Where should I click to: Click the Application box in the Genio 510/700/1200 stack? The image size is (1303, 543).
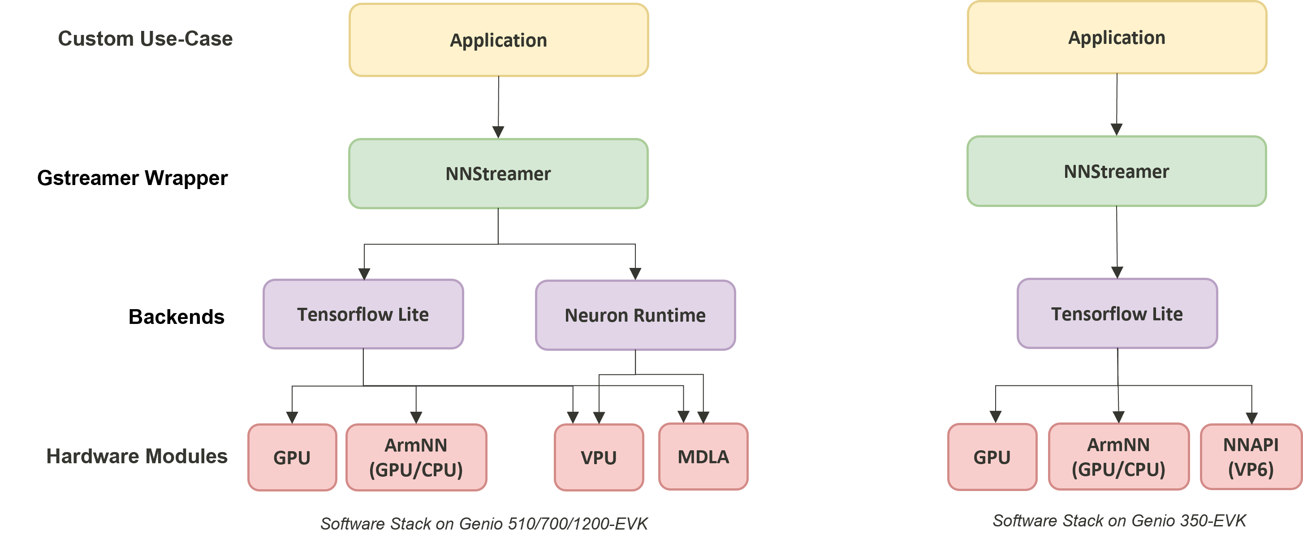tap(498, 40)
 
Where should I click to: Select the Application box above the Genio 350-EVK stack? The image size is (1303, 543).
tap(1116, 38)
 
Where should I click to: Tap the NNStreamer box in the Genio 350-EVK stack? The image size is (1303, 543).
tap(1116, 172)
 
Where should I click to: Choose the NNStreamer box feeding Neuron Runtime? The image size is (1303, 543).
tap(498, 173)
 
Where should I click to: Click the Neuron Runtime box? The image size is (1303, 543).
tap(635, 315)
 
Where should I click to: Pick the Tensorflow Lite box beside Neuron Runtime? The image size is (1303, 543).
tap(363, 314)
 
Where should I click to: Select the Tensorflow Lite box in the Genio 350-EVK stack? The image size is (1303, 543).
tap(1117, 314)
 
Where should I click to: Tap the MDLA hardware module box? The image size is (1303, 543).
tap(703, 457)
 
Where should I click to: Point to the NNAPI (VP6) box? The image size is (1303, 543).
tap(1251, 457)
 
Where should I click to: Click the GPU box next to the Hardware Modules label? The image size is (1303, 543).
tap(292, 457)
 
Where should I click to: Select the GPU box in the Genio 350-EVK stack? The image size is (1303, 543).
tap(992, 457)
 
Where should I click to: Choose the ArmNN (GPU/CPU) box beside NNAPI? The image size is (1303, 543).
tap(1118, 457)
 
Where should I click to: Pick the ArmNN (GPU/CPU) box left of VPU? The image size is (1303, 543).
tap(416, 457)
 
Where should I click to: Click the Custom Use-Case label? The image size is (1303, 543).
tap(145, 39)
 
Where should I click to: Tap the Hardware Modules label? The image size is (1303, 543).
tap(137, 456)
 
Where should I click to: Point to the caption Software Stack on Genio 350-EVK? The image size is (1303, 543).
tap(1119, 520)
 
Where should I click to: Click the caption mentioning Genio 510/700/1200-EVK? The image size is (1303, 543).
tap(484, 523)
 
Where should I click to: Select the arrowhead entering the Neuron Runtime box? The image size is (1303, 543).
tap(635, 274)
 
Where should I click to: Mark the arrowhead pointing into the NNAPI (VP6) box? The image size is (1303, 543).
tap(1251, 418)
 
